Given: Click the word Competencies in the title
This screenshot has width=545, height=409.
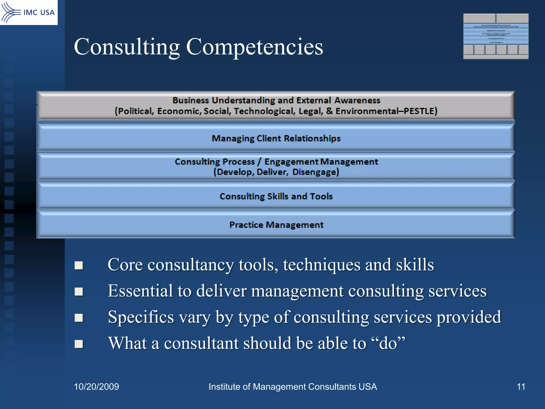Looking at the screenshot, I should click(x=254, y=47).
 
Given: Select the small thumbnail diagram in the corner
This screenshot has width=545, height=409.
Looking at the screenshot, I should click(x=496, y=36).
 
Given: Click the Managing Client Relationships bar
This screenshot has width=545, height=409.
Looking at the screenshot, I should click(x=276, y=138).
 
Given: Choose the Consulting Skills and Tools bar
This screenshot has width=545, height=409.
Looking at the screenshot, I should click(x=276, y=197).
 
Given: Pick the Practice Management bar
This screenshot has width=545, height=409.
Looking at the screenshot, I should click(x=276, y=225).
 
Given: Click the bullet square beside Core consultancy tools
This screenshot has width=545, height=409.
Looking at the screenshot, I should click(x=79, y=265).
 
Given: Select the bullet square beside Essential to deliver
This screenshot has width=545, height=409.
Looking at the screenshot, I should click(x=79, y=292).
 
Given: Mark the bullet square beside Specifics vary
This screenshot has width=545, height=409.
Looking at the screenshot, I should click(x=79, y=318).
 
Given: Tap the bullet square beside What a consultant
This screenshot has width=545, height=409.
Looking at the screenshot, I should click(x=79, y=344).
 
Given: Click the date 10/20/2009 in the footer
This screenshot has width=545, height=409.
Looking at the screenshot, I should click(x=96, y=387).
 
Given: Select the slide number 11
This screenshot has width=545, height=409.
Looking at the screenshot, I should click(x=521, y=387).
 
